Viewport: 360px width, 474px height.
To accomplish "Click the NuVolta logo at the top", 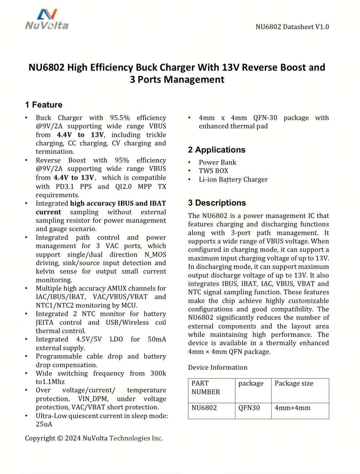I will (x=47, y=19).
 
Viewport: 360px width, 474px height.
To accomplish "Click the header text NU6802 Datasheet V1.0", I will (x=292, y=27).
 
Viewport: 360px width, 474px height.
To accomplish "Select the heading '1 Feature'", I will (x=44, y=105).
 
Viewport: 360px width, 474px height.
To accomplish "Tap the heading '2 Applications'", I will (x=216, y=150).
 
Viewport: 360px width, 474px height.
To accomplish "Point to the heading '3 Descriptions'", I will (x=217, y=203).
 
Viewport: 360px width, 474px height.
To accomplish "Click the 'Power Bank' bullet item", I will (x=217, y=163).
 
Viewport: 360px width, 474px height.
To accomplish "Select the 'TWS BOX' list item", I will (x=213, y=171).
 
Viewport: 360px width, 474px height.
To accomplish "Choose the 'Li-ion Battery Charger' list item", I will (x=233, y=180).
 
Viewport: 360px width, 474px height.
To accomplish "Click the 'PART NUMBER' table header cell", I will (x=206, y=387).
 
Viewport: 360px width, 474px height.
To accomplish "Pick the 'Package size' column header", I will (x=294, y=383).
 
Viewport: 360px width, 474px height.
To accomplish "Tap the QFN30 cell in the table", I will (x=249, y=408).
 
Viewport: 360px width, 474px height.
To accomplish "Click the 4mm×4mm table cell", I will (x=292, y=408).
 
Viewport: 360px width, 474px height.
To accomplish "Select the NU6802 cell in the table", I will (x=204, y=408).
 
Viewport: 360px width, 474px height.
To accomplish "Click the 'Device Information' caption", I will (x=218, y=368).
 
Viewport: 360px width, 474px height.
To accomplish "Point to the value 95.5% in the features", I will (x=120, y=118).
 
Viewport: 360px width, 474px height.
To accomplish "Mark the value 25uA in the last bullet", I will (x=44, y=424).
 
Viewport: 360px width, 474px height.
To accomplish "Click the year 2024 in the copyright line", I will (x=73, y=438).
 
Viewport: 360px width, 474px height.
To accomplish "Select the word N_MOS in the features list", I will (x=155, y=255).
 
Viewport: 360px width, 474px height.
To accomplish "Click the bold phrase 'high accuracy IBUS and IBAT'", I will (x=118, y=203).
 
